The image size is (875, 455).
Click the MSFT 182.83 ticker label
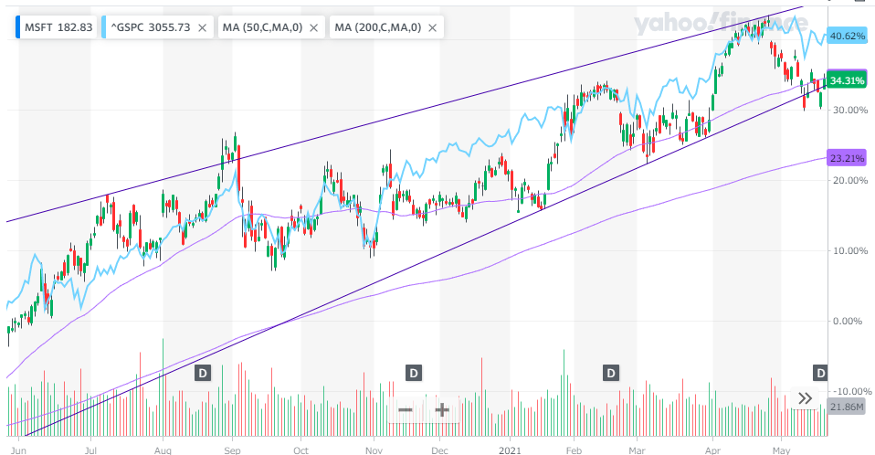point(58,27)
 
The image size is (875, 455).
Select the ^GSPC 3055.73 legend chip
point(150,27)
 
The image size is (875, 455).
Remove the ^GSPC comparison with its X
point(203,27)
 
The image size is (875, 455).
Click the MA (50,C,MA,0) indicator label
point(264,27)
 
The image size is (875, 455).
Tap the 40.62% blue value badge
point(847,37)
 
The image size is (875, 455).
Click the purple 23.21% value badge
point(847,158)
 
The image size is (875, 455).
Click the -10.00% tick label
point(847,391)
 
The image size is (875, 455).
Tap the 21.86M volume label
point(848,407)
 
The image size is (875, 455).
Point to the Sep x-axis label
point(232,450)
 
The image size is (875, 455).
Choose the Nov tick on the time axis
point(372,450)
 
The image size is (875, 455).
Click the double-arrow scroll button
point(806,398)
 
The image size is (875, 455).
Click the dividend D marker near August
point(203,372)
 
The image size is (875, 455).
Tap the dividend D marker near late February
point(611,372)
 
